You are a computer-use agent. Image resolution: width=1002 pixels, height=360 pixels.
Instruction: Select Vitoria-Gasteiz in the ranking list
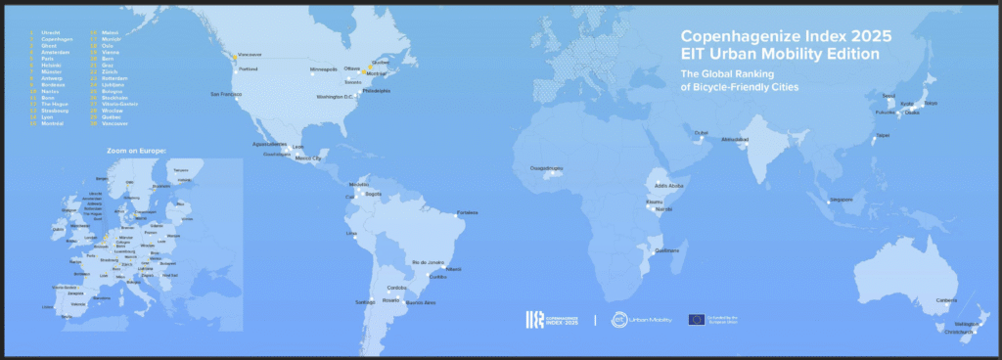[x=120, y=131]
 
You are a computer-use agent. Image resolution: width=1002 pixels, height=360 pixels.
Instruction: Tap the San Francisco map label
[x=225, y=94]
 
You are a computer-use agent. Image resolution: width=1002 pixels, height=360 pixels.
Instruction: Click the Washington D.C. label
[x=334, y=98]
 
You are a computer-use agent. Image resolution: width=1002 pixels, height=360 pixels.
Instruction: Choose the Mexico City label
[x=308, y=157]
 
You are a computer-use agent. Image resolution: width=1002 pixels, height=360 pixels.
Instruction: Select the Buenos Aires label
[x=420, y=303]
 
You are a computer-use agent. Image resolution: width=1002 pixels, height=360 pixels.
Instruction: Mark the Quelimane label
[x=666, y=250]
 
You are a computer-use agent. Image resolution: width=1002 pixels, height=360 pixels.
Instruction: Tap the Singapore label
[x=840, y=200]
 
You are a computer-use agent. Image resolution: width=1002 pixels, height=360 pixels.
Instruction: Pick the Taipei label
[x=884, y=136]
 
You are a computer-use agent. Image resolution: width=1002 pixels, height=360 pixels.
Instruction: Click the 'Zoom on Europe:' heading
[x=137, y=151]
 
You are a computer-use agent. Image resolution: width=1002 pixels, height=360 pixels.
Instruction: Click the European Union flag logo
[x=697, y=319]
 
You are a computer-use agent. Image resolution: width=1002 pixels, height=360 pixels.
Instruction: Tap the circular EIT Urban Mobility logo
[x=619, y=320]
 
